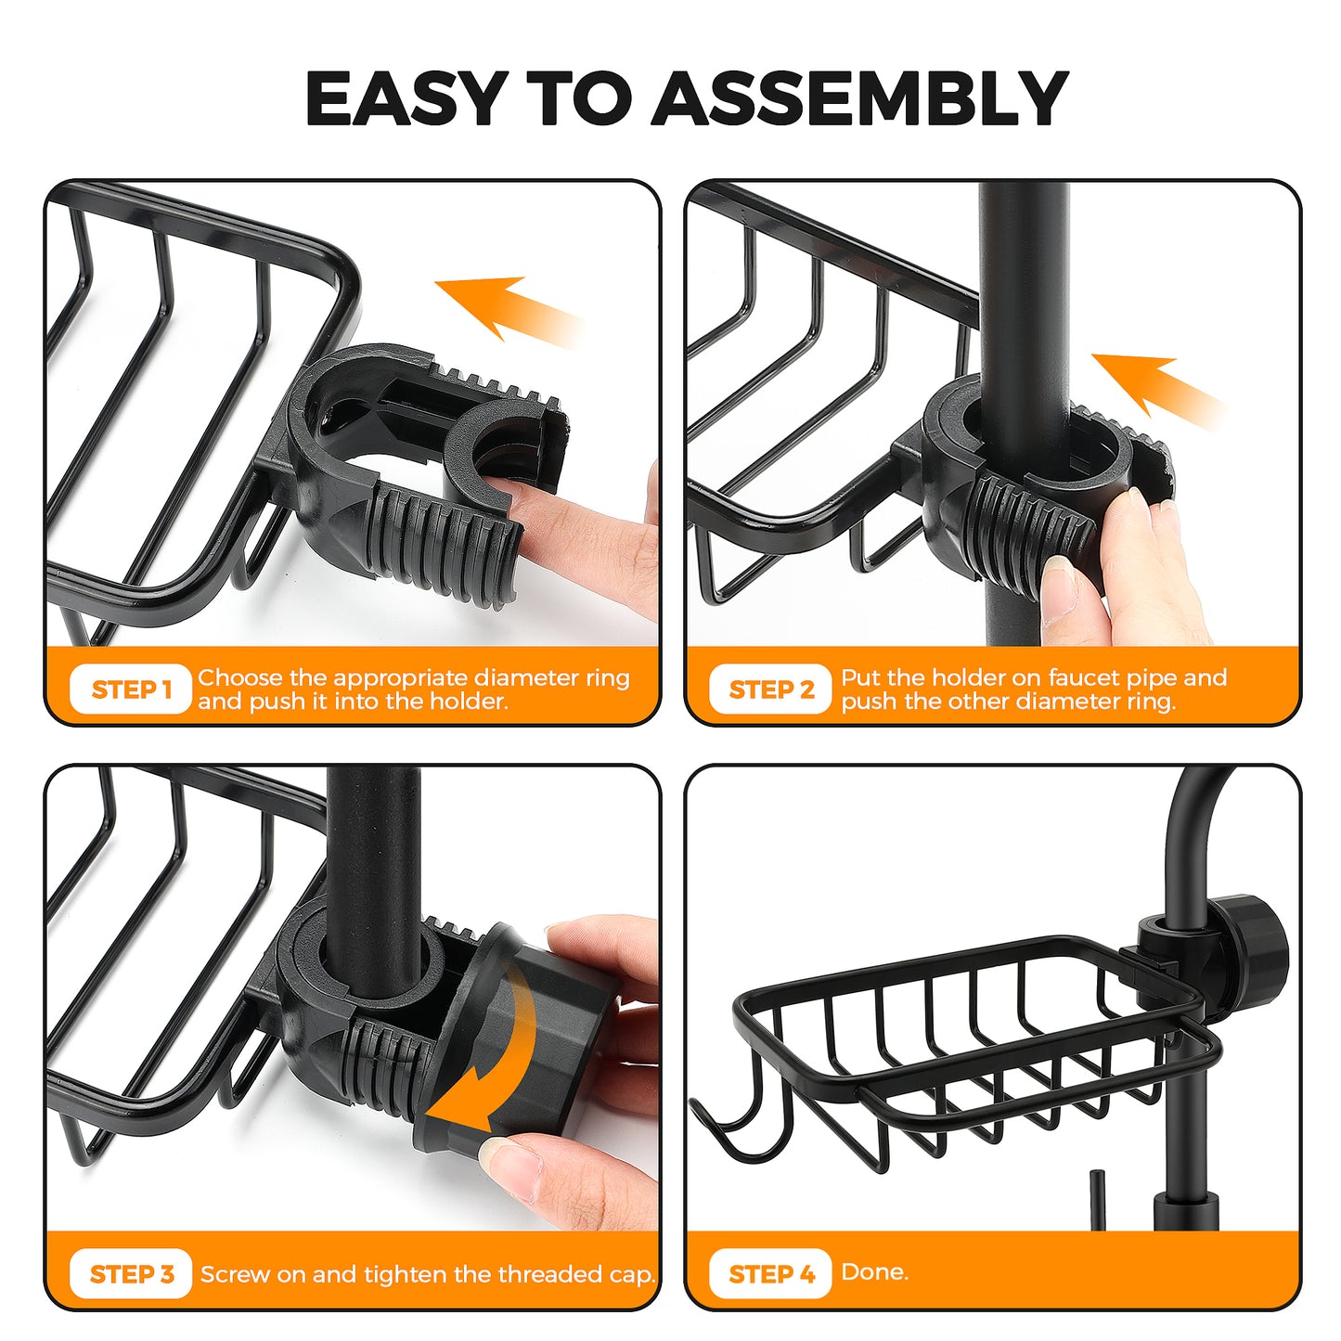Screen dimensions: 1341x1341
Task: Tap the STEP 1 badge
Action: click(131, 689)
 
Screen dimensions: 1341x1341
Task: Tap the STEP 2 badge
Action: click(771, 689)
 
